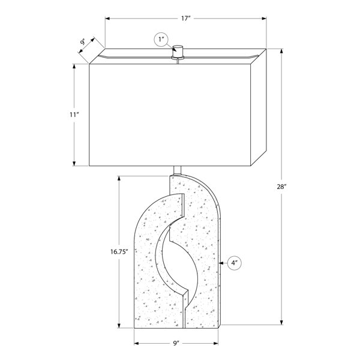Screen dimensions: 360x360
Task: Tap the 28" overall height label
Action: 281,187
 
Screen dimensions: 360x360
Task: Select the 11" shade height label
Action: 74,115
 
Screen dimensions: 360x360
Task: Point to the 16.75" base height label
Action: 119,251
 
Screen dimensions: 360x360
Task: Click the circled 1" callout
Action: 161,40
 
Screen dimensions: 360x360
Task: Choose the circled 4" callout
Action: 235,263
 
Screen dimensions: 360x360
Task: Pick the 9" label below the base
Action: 176,343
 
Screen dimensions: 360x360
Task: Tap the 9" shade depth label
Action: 83,42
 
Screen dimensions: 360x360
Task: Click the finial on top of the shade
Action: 178,52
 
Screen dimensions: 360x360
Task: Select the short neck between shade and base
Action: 177,170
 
